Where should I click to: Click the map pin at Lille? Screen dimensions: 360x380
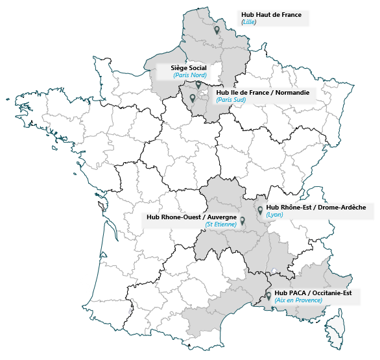217,29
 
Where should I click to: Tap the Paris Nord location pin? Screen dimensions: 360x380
198,84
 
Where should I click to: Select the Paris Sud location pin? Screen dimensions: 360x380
192,98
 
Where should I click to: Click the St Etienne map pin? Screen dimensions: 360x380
243,221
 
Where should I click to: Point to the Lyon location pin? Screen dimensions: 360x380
260,210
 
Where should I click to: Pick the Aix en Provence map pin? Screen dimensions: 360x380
268,296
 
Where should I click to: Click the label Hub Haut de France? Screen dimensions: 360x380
271,14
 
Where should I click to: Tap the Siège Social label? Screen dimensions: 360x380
188,68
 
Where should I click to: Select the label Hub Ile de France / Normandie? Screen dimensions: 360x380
263,93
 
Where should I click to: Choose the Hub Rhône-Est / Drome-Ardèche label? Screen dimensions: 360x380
316,207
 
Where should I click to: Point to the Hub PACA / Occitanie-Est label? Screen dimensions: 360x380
313,293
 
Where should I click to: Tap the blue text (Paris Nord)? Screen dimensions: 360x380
190,75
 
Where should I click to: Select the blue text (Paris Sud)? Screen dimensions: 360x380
231,100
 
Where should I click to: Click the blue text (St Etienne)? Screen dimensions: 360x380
221,224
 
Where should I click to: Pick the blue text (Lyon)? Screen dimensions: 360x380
275,214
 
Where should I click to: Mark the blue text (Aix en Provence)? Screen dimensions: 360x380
298,300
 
